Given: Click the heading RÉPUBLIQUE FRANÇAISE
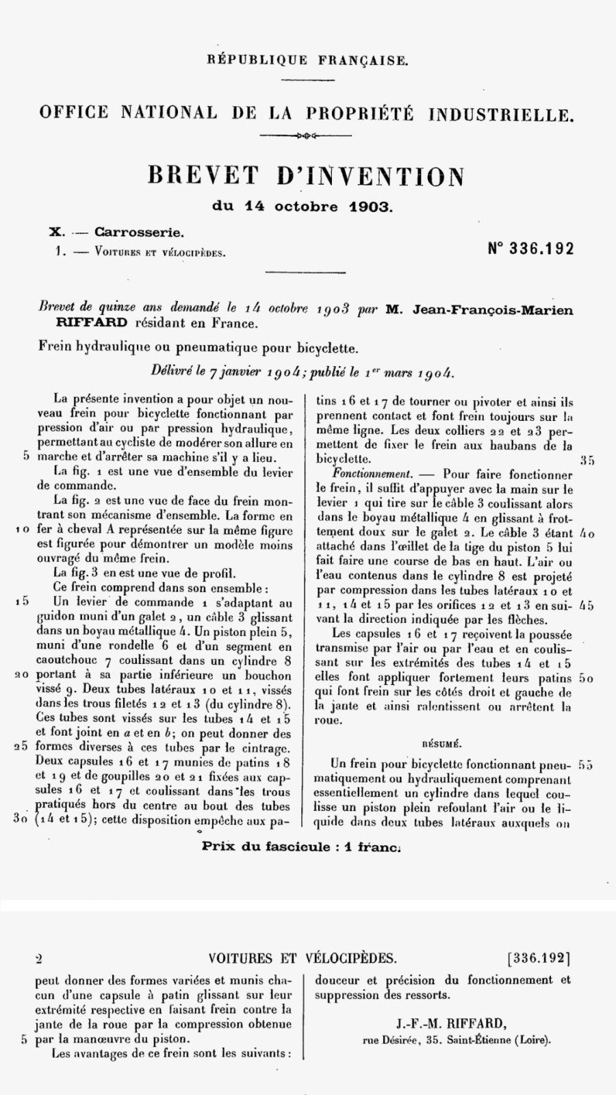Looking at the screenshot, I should [307, 60].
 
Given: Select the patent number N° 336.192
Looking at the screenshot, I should [530, 248].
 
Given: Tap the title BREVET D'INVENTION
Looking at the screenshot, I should [307, 177].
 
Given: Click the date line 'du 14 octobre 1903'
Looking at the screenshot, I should [303, 207].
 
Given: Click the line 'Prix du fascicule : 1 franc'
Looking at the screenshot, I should [301, 846].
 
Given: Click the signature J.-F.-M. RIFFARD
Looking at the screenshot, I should [451, 1024].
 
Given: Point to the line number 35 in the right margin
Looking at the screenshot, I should [587, 460].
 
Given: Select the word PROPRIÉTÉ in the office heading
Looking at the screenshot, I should [360, 114].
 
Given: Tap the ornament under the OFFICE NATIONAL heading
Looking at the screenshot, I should [306, 136].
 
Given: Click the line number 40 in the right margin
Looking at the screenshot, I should [587, 532].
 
